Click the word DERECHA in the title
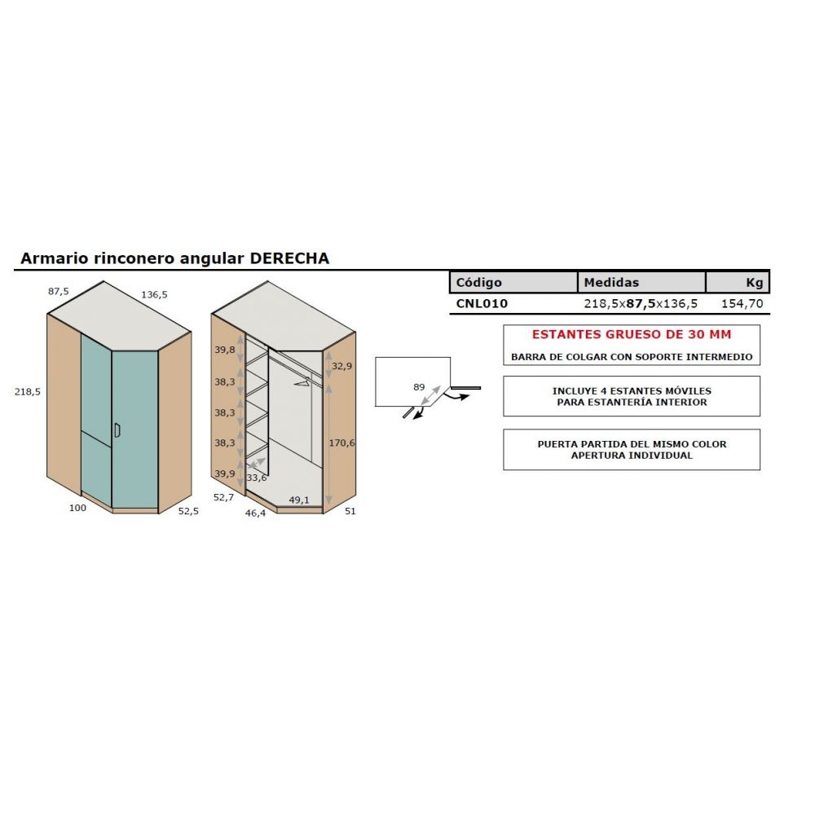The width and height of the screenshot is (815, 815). coord(289,258)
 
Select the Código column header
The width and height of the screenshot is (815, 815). coord(479,283)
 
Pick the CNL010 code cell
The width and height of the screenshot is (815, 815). coord(482,304)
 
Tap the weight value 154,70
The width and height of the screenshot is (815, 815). coord(742,304)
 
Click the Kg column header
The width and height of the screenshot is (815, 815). coord(754,283)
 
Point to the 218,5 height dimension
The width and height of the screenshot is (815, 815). coord(28,391)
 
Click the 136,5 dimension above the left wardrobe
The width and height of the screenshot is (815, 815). coord(155,294)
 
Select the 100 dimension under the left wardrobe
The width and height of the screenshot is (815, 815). coord(78,508)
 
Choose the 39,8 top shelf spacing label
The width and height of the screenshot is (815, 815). coord(225,350)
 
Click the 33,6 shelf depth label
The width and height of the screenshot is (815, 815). coord(257,478)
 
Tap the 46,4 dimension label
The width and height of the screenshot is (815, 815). coord(255,514)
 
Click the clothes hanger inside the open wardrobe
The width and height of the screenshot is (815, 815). coord(302,380)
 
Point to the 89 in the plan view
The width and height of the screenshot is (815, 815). coord(419,387)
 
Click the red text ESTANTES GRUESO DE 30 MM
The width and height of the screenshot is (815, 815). coord(631,334)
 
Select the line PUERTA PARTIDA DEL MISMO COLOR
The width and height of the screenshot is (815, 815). coord(631,444)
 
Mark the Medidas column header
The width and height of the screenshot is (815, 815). coord(611,283)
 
